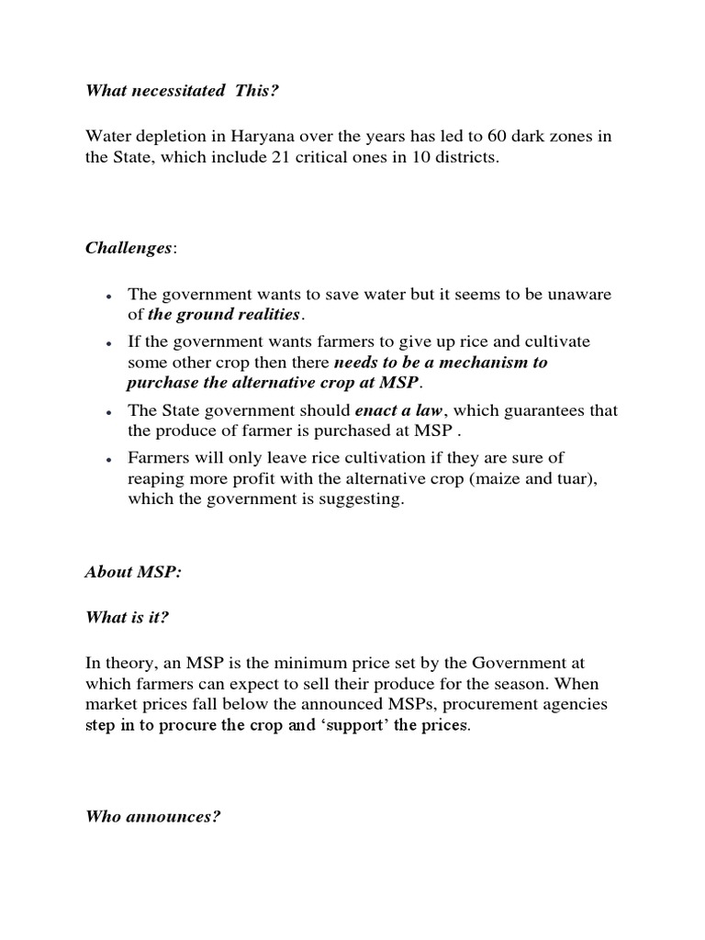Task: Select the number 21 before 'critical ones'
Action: (x=282, y=158)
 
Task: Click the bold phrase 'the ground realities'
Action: (x=224, y=315)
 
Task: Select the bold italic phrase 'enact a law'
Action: (x=397, y=409)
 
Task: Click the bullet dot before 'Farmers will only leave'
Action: (x=109, y=459)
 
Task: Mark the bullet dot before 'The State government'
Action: (x=109, y=411)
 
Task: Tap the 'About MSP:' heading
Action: (x=133, y=571)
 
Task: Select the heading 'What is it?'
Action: (x=127, y=618)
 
